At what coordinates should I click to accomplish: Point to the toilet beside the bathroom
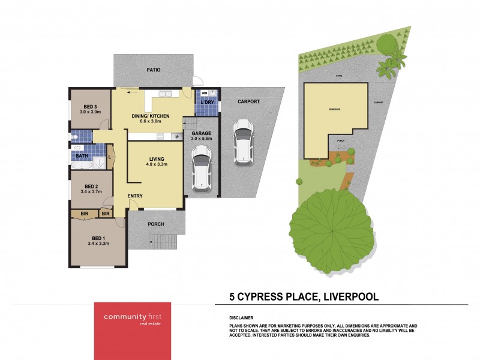[74, 137]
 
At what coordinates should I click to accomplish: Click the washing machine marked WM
[204, 94]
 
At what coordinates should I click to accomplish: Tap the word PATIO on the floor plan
[154, 70]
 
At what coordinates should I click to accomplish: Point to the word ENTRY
[135, 196]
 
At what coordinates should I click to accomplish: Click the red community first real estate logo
[132, 319]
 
